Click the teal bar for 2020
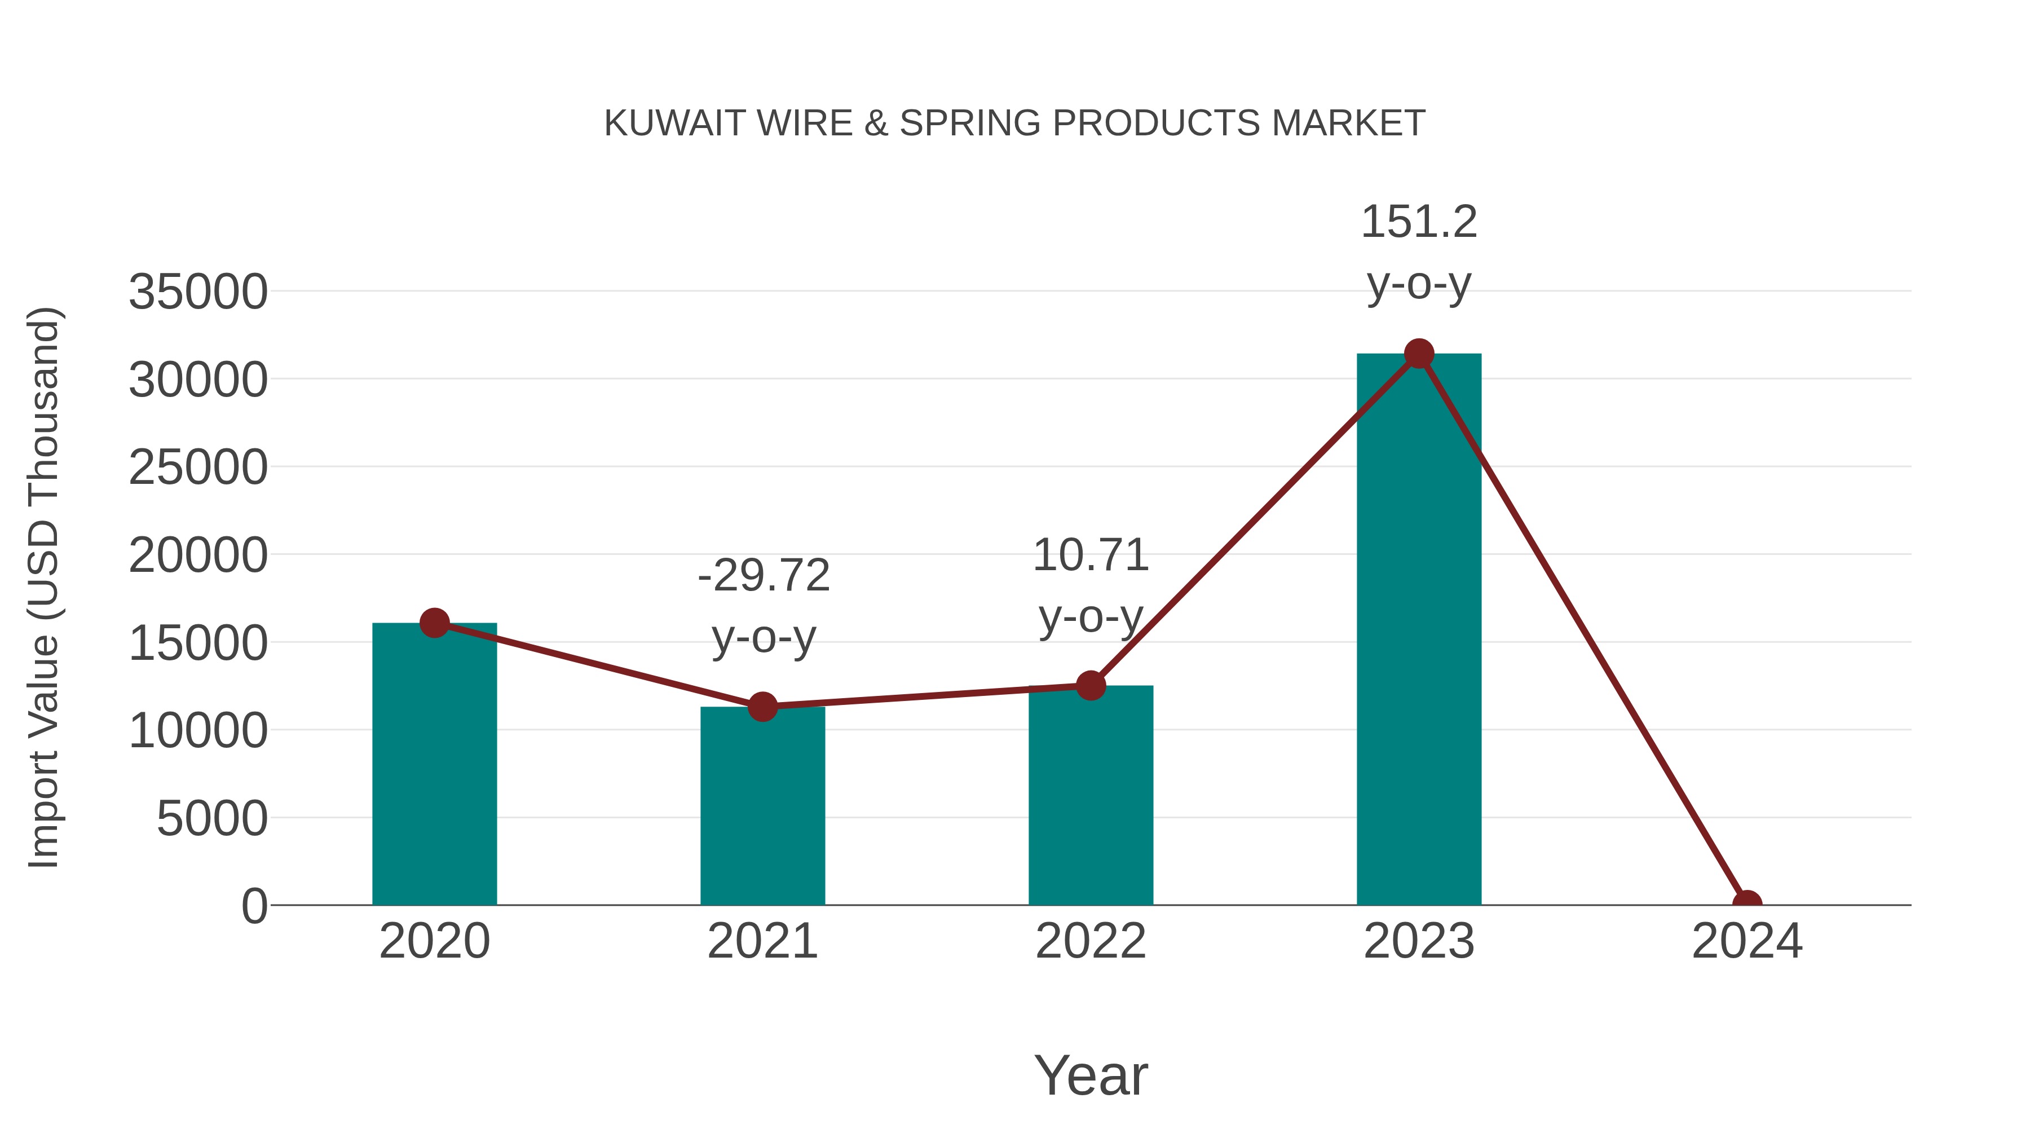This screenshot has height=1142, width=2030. point(434,765)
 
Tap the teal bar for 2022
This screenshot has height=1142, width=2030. point(1091,795)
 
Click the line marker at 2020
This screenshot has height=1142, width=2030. point(434,623)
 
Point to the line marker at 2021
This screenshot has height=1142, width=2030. point(762,707)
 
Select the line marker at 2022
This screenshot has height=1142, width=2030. point(1091,686)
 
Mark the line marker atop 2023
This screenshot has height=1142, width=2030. point(1419,354)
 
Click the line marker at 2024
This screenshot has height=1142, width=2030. point(1747,903)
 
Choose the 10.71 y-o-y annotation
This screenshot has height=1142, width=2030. point(1091,585)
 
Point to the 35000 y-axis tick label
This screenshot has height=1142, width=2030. point(198,292)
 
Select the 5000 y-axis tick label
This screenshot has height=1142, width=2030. point(212,818)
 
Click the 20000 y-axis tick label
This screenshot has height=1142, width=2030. point(198,555)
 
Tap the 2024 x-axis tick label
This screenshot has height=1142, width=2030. point(1747,941)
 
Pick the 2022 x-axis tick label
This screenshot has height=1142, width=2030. point(1091,941)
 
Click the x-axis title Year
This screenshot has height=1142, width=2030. point(1091,1075)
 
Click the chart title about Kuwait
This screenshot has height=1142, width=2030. point(1014,123)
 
